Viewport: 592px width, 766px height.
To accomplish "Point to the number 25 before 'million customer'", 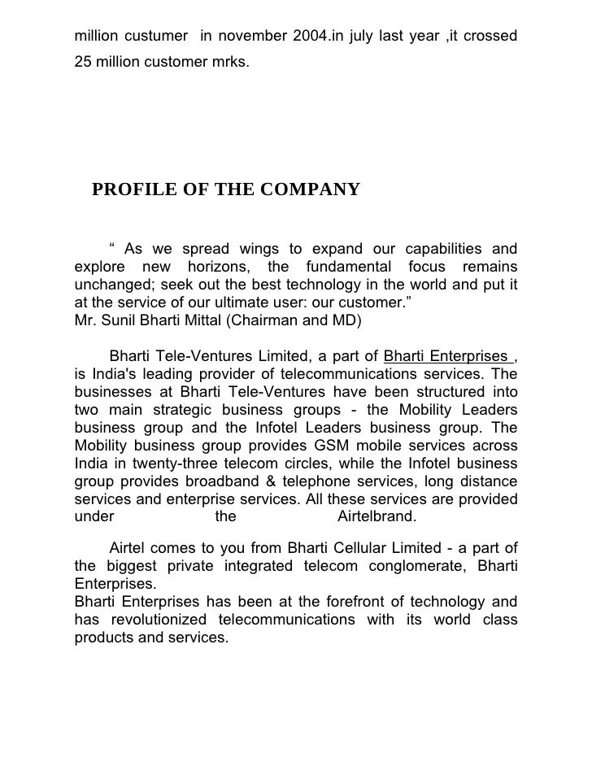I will [x=82, y=63].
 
